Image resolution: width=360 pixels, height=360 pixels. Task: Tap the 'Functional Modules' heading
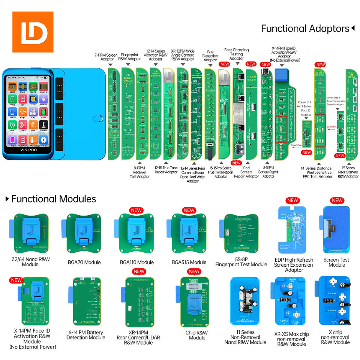click(x=53, y=199)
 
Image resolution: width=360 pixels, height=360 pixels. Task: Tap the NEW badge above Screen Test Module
click(x=337, y=201)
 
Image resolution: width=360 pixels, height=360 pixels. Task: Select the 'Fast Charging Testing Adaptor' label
click(x=236, y=54)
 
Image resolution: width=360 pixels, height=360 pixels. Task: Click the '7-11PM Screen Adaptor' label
click(x=106, y=57)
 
